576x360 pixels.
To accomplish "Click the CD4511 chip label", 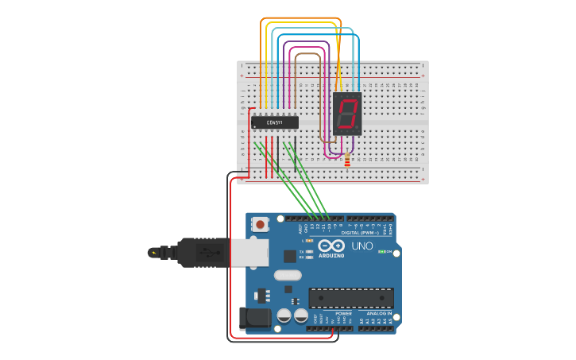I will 275,122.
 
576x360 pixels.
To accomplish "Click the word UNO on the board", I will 362,246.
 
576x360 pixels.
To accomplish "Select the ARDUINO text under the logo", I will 331,255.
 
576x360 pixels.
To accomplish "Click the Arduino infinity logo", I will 331,246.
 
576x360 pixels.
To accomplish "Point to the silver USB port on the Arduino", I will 249,253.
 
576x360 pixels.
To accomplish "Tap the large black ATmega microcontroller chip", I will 350,298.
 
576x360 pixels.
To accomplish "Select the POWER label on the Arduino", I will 343,313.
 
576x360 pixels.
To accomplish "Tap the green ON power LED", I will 382,252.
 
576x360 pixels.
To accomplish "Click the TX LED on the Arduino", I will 308,250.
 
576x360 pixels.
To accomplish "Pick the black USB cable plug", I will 203,253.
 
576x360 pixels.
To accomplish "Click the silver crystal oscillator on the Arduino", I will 288,276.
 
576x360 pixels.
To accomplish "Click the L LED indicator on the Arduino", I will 309,240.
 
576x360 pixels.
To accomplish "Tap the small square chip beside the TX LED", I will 290,256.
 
